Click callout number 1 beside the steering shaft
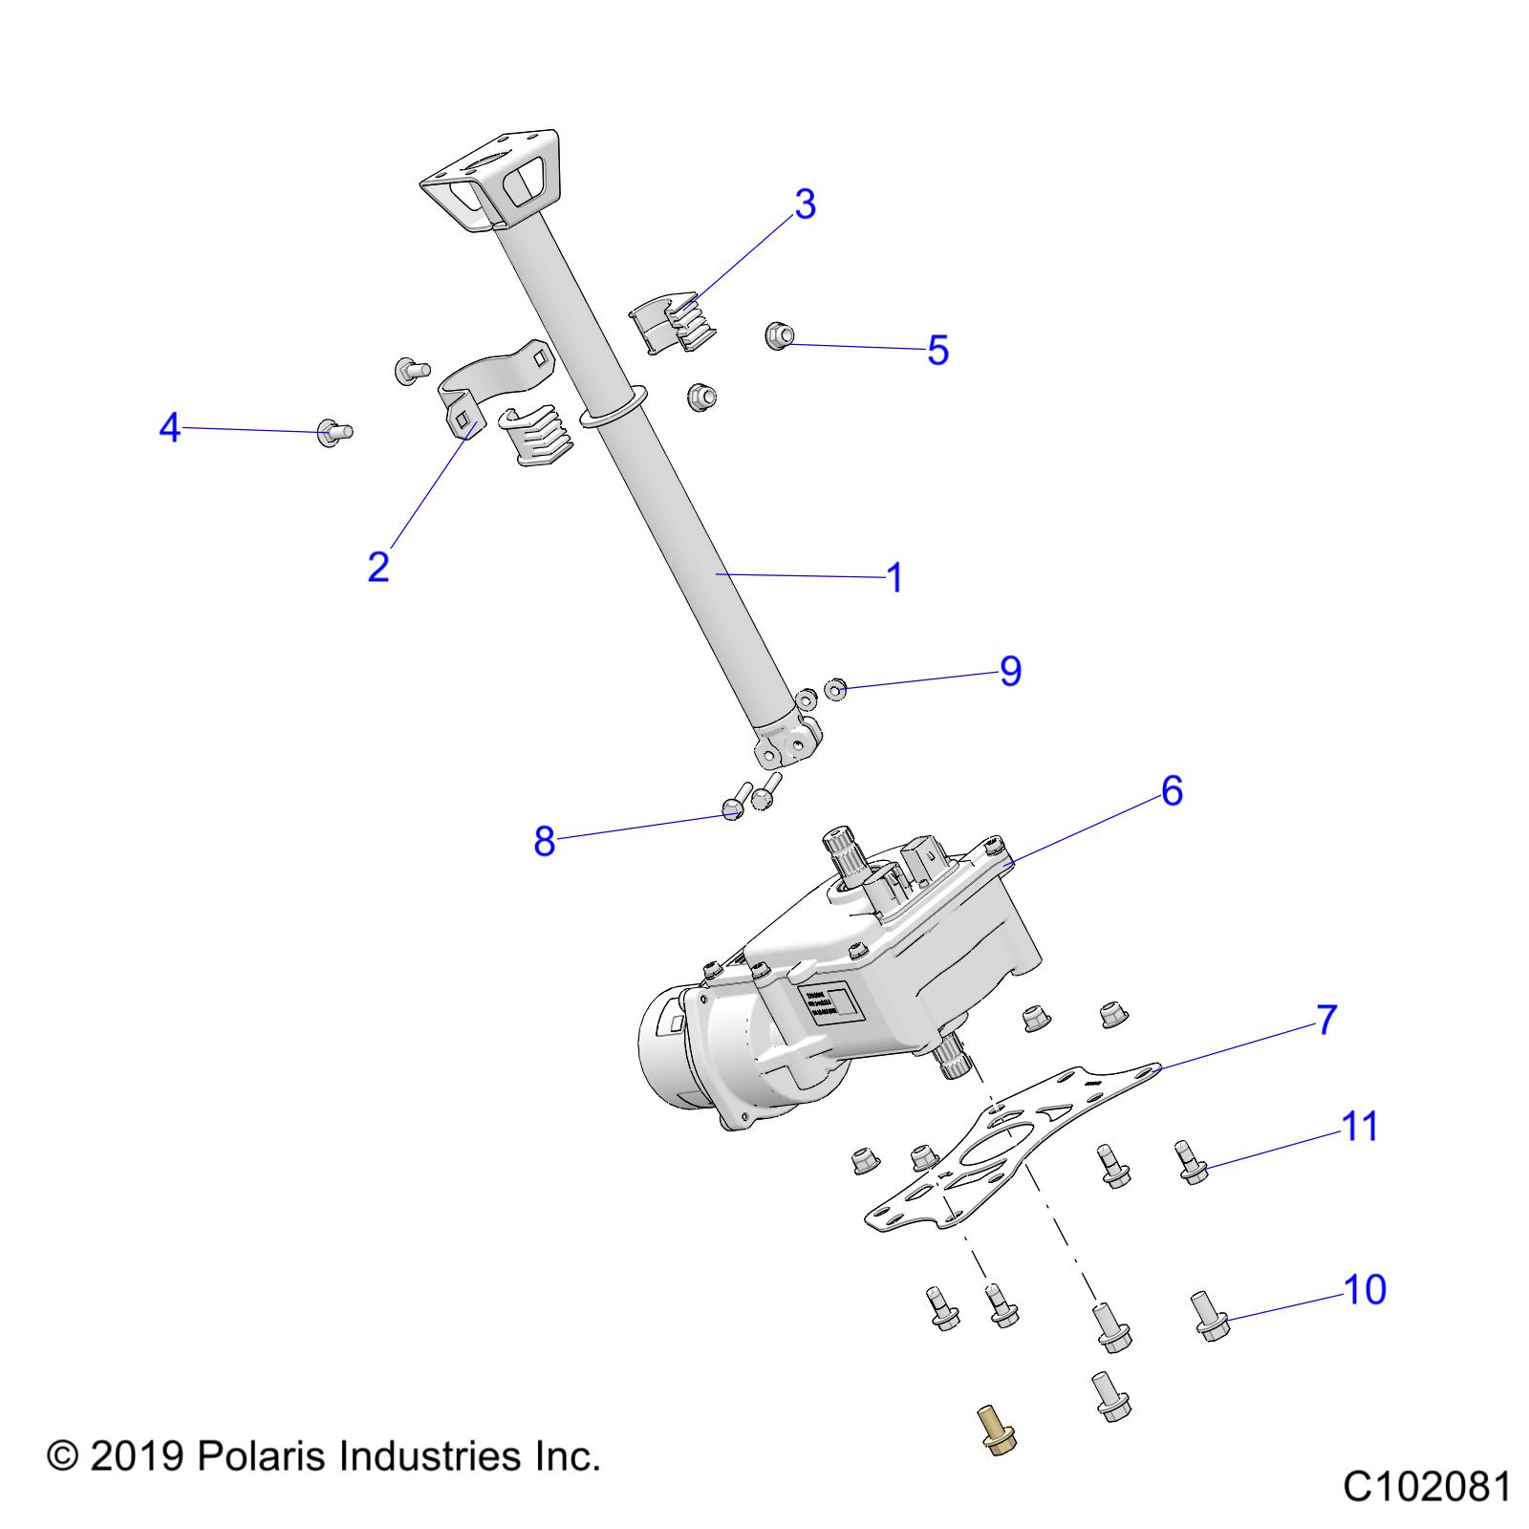(x=894, y=578)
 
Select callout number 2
(x=378, y=567)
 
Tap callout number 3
(x=805, y=205)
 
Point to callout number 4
(x=169, y=428)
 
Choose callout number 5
(x=937, y=350)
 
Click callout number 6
(x=1172, y=791)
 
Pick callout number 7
(x=1326, y=1021)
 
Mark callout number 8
(x=544, y=842)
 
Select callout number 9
(x=1010, y=671)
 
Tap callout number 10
(x=1365, y=1290)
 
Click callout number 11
(x=1360, y=1128)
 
